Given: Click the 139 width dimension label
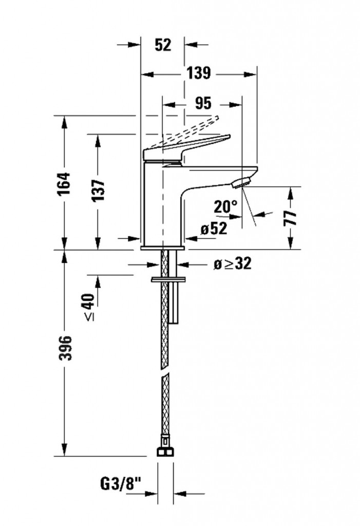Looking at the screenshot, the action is [199, 73].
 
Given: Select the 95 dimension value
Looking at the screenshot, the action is [203, 103].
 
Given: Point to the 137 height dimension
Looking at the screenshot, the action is [98, 190].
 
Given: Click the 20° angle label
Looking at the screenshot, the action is [225, 206].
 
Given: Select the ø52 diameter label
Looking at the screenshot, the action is [214, 229].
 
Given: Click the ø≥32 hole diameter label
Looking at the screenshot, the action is [233, 264].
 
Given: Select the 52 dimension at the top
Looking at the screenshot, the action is [163, 45].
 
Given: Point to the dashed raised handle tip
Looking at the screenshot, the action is [217, 118].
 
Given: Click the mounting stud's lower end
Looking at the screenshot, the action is [174, 323].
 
